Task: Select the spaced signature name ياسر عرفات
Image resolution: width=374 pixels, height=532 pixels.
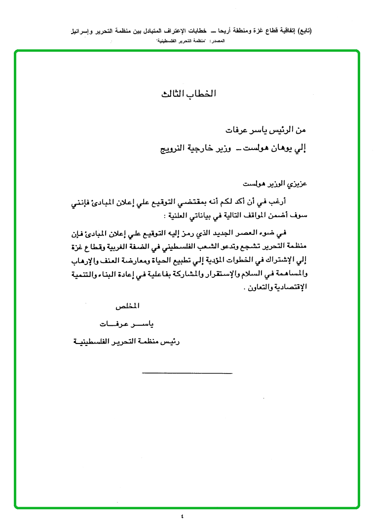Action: coord(126,324)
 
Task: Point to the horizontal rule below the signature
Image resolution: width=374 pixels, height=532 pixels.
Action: coord(187,372)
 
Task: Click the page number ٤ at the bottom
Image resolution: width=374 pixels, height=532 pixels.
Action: coord(182,516)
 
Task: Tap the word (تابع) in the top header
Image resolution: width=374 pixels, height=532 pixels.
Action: coord(304,31)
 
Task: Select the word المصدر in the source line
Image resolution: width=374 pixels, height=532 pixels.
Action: coord(216,41)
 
